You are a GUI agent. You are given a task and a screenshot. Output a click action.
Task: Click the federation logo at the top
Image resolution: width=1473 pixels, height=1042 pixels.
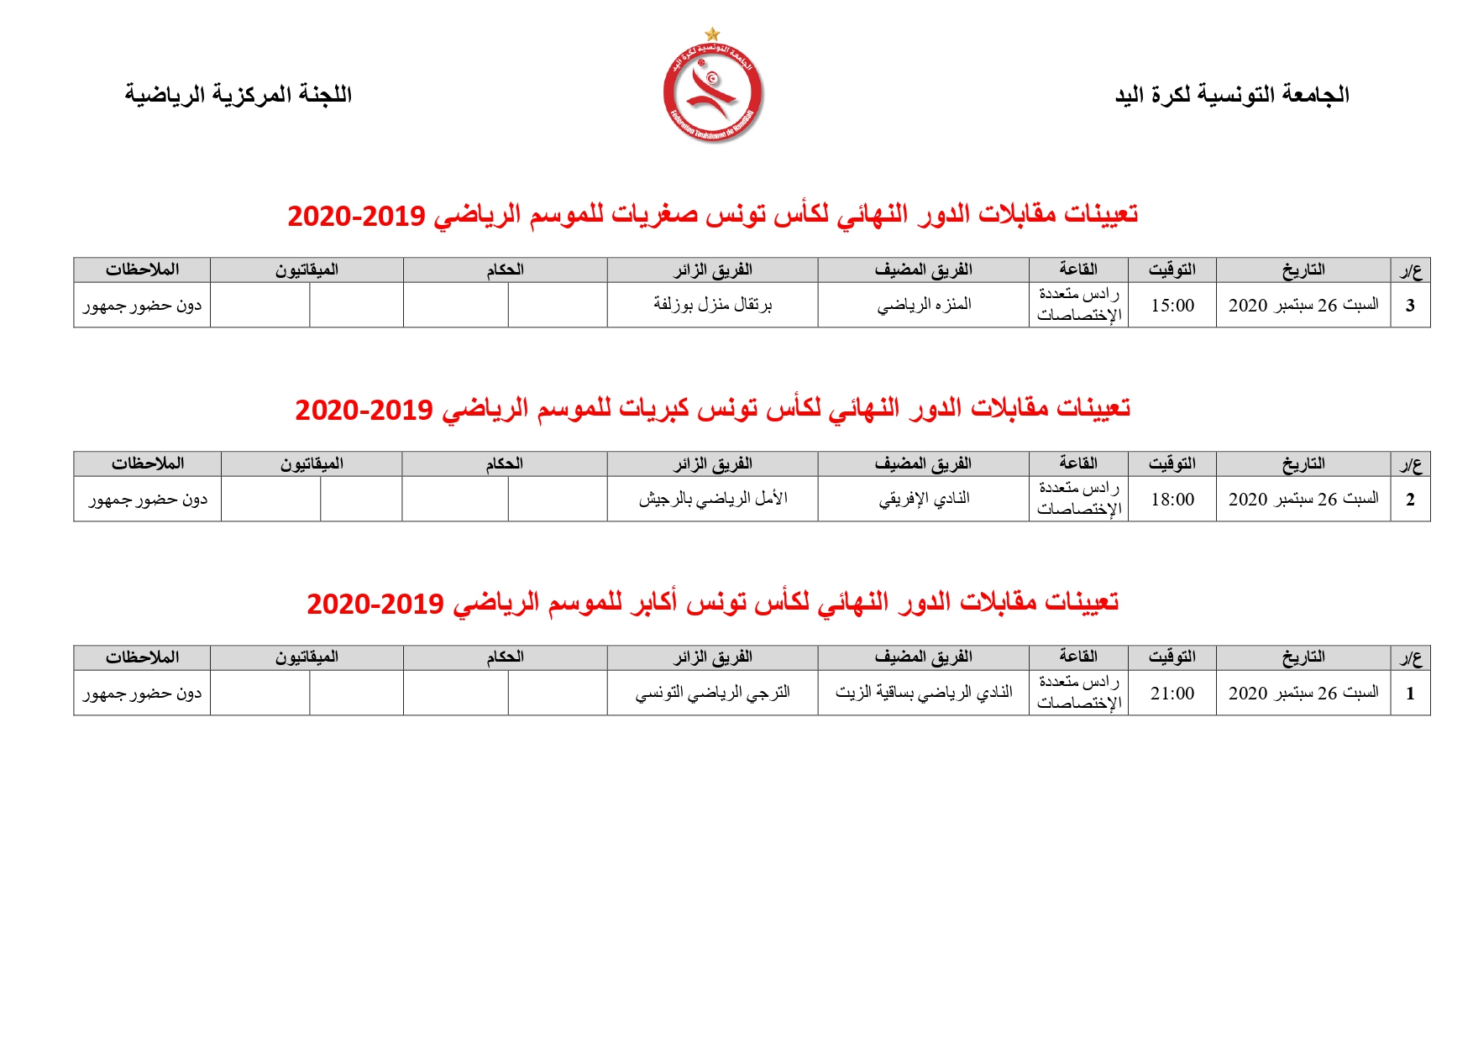point(712,92)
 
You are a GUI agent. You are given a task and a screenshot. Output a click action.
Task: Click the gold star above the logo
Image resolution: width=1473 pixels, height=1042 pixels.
point(712,34)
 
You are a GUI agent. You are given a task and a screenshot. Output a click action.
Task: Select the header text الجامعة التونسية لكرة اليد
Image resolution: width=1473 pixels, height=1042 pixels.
point(1232,95)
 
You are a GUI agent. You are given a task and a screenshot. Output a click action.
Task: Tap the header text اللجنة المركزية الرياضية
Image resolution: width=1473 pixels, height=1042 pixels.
point(239,95)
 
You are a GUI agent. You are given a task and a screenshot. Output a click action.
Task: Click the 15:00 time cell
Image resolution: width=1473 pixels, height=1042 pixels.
point(1172,306)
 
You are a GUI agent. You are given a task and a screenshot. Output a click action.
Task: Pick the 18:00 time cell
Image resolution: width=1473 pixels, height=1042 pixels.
point(1172,500)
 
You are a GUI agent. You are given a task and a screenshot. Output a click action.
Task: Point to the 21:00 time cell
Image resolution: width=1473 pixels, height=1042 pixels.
point(1172,694)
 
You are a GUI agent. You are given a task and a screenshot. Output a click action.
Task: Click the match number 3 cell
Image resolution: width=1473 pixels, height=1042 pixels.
point(1410,306)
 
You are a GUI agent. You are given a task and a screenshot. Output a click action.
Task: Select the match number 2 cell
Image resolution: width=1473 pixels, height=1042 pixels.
point(1410,500)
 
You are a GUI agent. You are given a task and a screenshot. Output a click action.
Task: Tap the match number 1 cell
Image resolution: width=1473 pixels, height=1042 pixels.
point(1410,694)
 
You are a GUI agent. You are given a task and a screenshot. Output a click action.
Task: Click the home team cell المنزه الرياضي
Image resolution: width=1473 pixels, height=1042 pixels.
point(924,305)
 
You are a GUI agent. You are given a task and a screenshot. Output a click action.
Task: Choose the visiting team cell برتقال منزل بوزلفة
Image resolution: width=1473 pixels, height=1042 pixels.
point(712,305)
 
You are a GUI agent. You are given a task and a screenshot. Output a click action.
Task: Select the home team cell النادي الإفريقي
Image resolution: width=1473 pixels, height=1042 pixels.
point(924,499)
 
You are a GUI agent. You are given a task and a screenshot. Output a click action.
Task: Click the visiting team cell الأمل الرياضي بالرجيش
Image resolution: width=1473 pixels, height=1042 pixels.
point(712,499)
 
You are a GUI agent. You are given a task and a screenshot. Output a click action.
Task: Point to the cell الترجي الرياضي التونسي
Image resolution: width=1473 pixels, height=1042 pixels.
point(712,693)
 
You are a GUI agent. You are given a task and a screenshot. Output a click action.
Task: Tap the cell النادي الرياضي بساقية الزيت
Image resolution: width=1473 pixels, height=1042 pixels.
point(924,693)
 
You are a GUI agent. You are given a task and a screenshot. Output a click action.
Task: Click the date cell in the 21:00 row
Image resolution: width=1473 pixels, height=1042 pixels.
point(1303,694)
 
